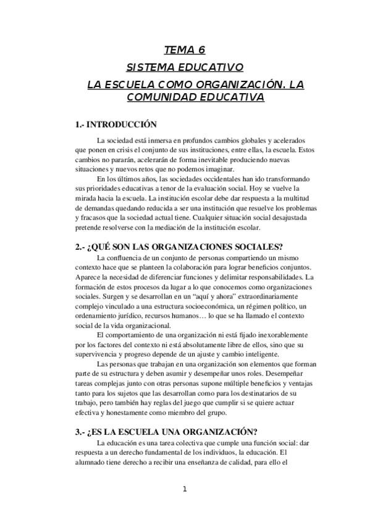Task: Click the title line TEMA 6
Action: (185, 51)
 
